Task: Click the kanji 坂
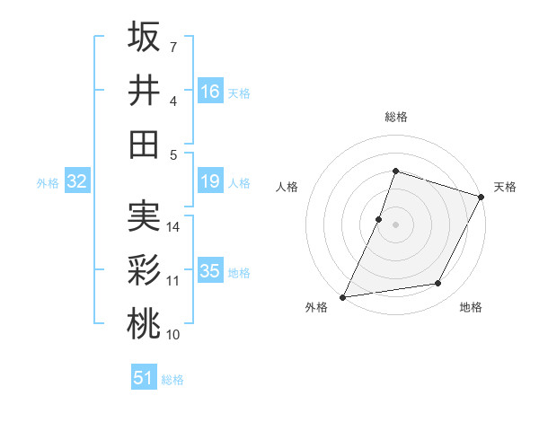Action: (x=144, y=37)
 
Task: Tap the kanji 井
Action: (x=144, y=91)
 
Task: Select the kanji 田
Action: (x=144, y=144)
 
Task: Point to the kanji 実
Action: (x=144, y=216)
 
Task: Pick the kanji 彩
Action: (x=144, y=270)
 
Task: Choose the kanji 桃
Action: (x=144, y=324)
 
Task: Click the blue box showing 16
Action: (x=210, y=91)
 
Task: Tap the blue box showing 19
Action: (x=210, y=182)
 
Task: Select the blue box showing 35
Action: (x=210, y=271)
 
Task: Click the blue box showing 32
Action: (x=76, y=182)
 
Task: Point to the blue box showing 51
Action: (x=144, y=378)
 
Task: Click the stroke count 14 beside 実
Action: (x=173, y=227)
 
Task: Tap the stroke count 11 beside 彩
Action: (x=173, y=281)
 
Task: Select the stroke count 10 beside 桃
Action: (x=173, y=335)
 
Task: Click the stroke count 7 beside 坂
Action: (x=173, y=46)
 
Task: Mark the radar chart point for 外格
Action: (x=342, y=297)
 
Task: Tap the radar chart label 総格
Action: (x=395, y=117)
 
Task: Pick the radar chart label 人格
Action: (x=287, y=188)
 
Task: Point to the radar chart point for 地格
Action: (x=438, y=284)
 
